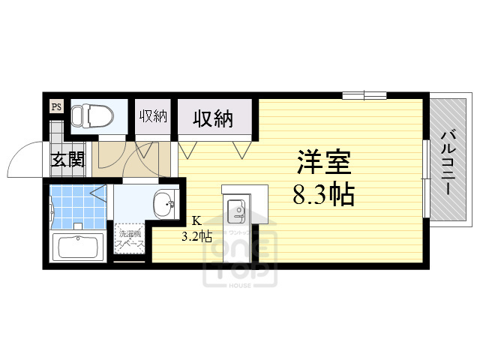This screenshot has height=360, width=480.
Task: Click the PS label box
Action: click(56, 107)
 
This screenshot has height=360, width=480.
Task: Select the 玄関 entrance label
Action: click(67, 160)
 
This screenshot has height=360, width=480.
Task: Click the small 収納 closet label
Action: click(153, 116)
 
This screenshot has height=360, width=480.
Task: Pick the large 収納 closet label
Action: click(212, 118)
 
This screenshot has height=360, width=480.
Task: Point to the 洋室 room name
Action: click(323, 163)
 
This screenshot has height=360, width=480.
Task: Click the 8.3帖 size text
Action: click(323, 195)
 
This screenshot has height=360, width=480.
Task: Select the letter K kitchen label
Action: click(196, 220)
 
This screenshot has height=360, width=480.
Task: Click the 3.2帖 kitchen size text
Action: click(196, 235)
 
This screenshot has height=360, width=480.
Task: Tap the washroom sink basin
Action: click(163, 202)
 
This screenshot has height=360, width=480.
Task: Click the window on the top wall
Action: click(364, 95)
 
